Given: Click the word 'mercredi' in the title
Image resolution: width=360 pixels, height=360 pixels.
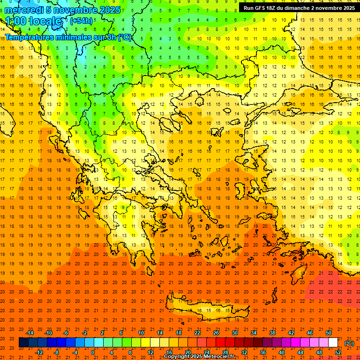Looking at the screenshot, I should [24, 10].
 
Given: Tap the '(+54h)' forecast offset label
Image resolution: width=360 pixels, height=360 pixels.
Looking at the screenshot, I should [81, 21].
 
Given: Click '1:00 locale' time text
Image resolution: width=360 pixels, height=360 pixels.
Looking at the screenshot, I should [33, 22].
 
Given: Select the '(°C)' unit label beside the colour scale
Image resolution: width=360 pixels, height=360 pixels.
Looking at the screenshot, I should [349, 343].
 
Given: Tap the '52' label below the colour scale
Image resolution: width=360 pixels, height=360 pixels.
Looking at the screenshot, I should [337, 352].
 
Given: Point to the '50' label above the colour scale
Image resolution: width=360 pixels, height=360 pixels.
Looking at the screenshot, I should [329, 333].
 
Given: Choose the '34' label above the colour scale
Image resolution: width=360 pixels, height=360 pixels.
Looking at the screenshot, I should [254, 333].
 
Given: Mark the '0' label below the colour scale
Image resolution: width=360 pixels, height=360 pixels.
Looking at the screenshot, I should [93, 352].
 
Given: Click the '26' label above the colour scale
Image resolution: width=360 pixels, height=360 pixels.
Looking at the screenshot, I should [216, 333].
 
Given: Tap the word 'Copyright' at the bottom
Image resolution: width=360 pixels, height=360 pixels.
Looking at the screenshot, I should [179, 357].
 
